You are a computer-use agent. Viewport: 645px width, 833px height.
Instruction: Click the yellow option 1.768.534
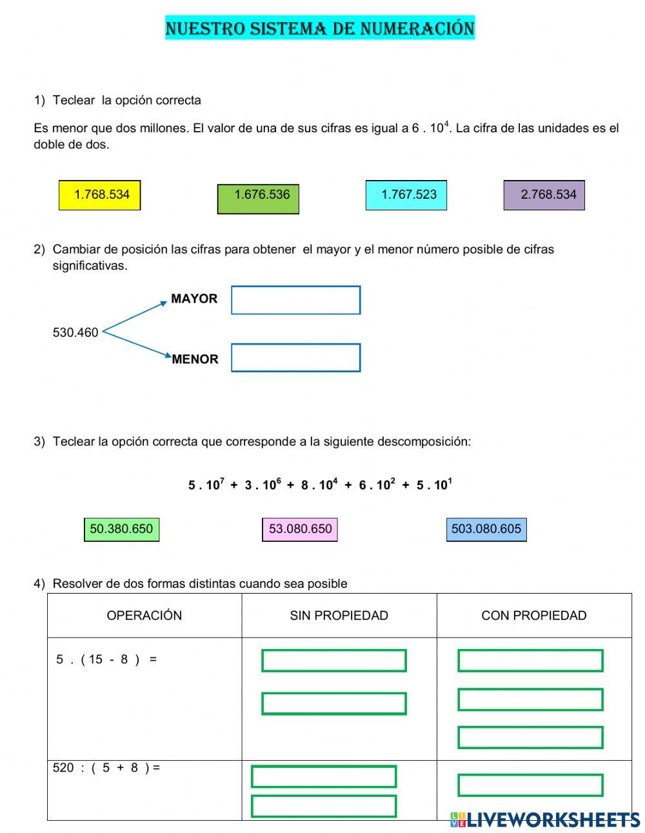(99, 195)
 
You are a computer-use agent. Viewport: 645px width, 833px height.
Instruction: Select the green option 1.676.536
(258, 198)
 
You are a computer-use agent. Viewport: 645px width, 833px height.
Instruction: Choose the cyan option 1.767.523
(406, 195)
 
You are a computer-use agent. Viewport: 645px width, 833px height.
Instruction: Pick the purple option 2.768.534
(544, 195)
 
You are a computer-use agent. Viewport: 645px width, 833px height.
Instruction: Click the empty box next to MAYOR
(295, 300)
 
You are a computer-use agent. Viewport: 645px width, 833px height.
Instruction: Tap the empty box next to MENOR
(295, 358)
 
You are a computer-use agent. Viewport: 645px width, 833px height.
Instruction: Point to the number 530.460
(75, 333)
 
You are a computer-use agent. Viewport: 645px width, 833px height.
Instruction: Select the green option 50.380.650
(121, 529)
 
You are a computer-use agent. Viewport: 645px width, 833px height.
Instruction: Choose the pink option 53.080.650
(300, 529)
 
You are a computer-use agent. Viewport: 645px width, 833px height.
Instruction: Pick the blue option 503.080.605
(486, 529)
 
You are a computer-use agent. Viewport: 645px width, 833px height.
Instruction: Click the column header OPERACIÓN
(144, 616)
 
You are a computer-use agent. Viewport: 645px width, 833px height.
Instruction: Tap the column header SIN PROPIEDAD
(339, 616)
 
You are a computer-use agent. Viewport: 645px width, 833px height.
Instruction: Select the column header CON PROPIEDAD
(533, 616)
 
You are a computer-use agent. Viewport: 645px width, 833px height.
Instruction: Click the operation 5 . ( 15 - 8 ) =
(106, 659)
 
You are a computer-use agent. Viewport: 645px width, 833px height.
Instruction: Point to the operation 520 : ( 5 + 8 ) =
(106, 768)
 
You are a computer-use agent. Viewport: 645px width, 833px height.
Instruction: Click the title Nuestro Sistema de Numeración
(320, 28)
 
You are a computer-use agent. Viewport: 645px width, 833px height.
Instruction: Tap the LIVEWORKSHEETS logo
(545, 819)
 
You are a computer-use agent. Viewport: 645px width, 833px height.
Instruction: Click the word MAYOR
(194, 299)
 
